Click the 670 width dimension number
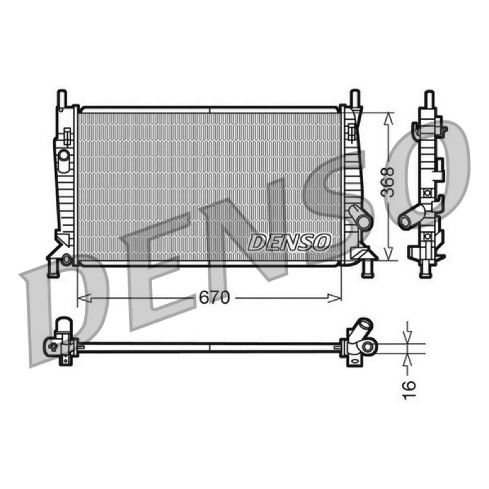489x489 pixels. (215, 298)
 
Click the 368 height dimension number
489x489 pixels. (388, 182)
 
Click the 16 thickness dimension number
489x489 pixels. (408, 389)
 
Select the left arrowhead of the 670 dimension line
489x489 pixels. (84, 298)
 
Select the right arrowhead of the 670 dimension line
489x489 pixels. (334, 298)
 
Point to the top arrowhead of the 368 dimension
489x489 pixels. (388, 119)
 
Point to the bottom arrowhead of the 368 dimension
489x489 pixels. (388, 254)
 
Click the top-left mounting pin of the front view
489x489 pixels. (62, 98)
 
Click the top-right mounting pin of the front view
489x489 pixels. (355, 98)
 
